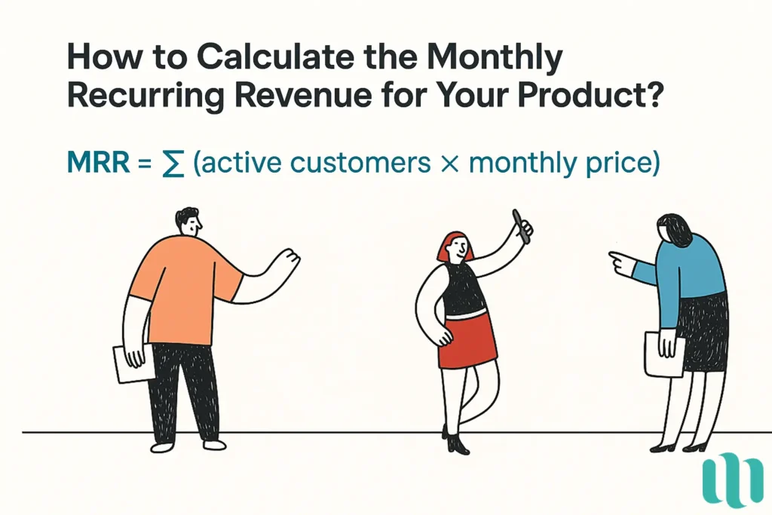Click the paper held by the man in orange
pyautogui.click(x=132, y=363)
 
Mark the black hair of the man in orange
pyautogui.click(x=186, y=216)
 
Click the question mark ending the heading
pyautogui.click(x=651, y=98)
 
